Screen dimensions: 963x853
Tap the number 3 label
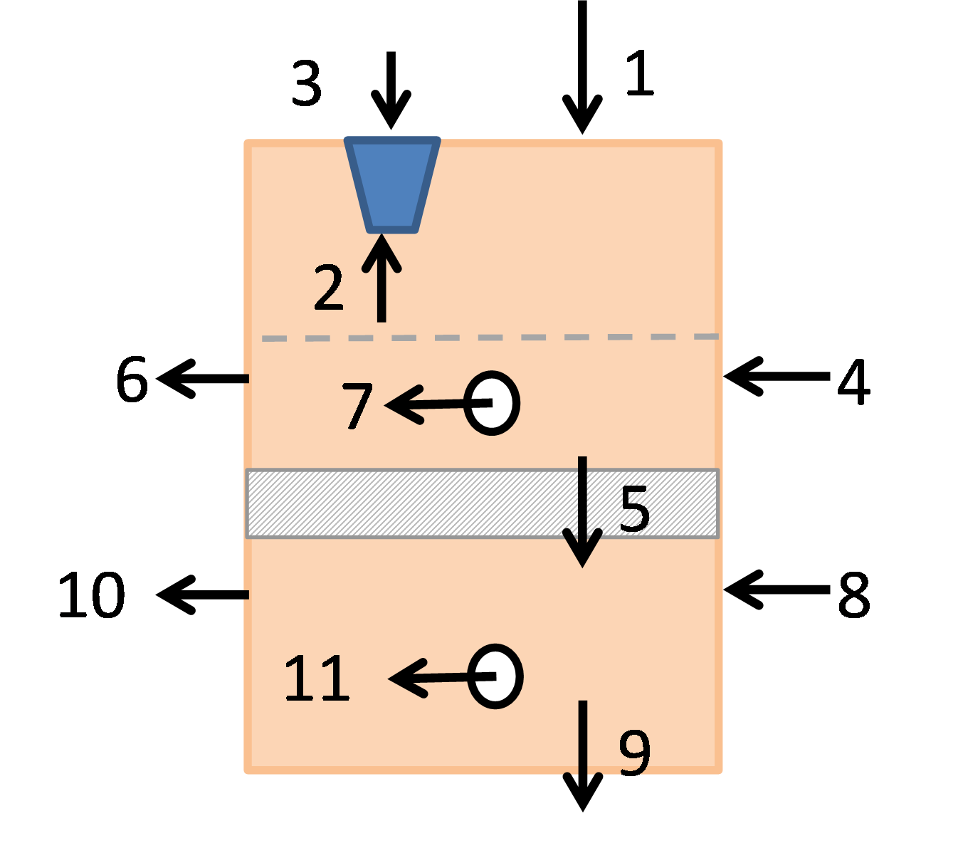click(307, 83)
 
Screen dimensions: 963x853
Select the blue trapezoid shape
click(392, 185)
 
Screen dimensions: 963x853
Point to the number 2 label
click(328, 288)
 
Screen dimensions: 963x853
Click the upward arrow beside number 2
click(381, 278)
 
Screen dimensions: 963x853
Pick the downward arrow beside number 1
click(582, 67)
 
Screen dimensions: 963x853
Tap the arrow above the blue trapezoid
click(391, 90)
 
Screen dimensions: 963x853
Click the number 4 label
click(853, 382)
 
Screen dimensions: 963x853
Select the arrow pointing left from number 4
click(777, 376)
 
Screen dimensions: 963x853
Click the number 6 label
click(132, 379)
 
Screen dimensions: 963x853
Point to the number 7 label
click(357, 406)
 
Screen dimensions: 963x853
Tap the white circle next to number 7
click(492, 403)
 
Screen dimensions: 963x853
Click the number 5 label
click(635, 508)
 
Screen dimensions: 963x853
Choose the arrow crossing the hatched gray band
click(582, 512)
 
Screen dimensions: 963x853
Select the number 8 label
click(854, 595)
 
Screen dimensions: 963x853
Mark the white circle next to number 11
click(495, 676)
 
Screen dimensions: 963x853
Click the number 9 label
click(635, 754)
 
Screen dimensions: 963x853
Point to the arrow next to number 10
click(203, 595)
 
